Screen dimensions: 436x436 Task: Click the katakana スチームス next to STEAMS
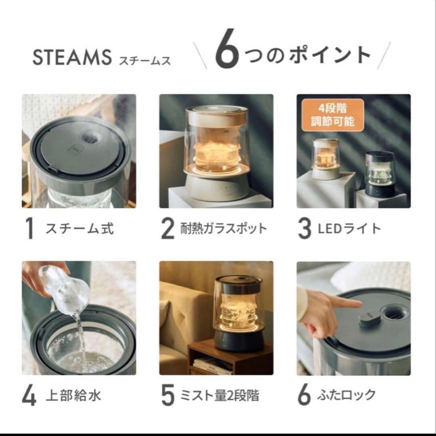pos(145,60)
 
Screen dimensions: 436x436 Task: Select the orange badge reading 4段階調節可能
pos(333,115)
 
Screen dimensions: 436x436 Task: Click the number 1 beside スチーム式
pos(29,229)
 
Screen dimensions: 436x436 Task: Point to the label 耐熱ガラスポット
pos(223,228)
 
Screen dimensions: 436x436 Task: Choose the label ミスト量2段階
pos(219,395)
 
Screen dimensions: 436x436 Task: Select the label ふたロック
pos(347,395)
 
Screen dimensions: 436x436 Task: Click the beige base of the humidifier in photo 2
pos(216,188)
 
